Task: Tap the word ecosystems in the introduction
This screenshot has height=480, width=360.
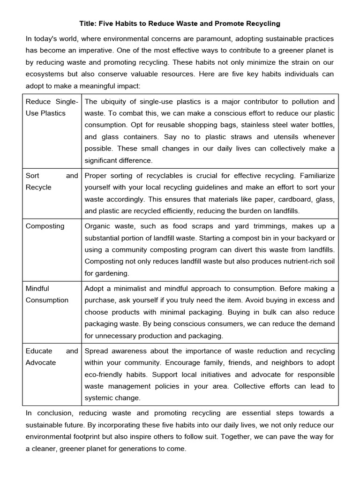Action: (x=45, y=74)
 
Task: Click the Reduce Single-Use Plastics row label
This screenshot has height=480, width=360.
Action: (x=52, y=107)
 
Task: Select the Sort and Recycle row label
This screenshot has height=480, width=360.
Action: (x=52, y=181)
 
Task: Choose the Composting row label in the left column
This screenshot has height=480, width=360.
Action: (x=45, y=226)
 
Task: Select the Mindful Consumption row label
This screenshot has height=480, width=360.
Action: (x=47, y=294)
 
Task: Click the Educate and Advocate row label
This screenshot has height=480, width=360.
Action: (x=52, y=357)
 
